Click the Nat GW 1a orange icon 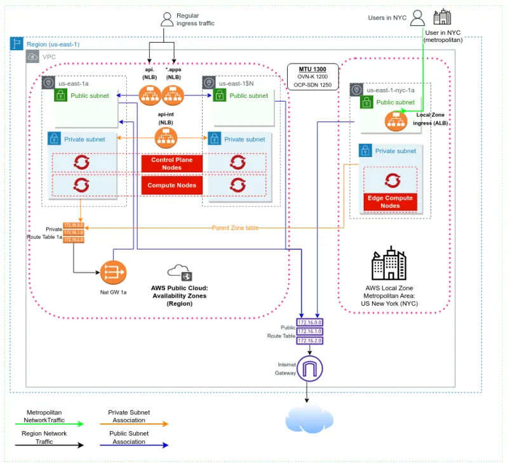pos(113,273)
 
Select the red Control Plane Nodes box pos(171,164)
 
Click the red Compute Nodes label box pos(171,186)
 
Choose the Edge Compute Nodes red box pos(390,202)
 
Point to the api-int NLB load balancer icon pos(166,135)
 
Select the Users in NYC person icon pos(417,18)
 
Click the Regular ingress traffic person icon pos(166,19)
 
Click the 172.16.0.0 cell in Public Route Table pos(310,322)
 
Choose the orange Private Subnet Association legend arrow pos(133,423)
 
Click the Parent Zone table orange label pos(235,228)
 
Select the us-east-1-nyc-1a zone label pos(391,90)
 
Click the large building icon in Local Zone pos(389,263)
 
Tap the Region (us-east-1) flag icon pos(17,45)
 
